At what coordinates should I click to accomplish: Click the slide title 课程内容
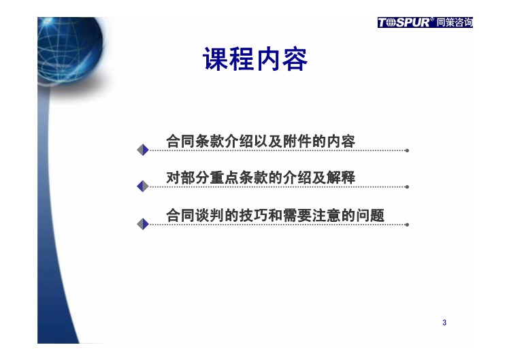(255, 59)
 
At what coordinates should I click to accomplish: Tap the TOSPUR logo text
(404, 22)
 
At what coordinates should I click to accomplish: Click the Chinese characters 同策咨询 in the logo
(454, 22)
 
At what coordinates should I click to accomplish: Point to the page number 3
(444, 323)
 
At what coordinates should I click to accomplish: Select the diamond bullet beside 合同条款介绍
(143, 150)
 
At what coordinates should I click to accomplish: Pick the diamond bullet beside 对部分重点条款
(143, 186)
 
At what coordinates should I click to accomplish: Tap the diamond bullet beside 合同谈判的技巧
(143, 224)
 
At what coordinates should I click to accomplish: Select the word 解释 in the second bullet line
(341, 178)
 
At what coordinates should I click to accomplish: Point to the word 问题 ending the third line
(370, 215)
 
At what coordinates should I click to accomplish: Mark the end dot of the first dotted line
(407, 150)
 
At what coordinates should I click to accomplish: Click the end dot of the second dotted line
(407, 186)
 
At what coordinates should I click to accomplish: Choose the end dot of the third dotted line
(407, 225)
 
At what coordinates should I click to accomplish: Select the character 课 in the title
(215, 59)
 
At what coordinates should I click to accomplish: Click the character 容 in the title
(295, 59)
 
